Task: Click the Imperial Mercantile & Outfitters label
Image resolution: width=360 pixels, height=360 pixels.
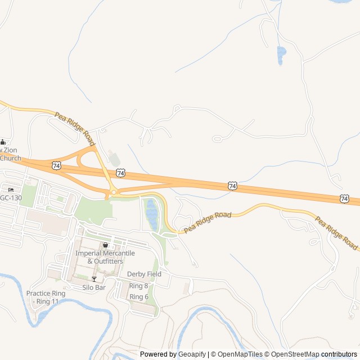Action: click(x=105, y=257)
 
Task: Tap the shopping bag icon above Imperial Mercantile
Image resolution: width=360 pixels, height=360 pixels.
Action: click(x=105, y=245)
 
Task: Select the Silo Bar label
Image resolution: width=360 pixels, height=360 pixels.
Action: click(x=94, y=287)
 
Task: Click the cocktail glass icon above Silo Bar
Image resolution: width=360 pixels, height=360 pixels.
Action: click(x=94, y=279)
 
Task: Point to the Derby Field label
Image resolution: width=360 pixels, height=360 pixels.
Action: click(x=144, y=274)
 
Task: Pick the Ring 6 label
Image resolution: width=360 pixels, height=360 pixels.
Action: click(x=138, y=296)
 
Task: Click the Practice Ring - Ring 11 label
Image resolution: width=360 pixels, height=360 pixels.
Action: click(x=46, y=298)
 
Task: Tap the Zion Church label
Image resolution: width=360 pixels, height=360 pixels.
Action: click(x=10, y=154)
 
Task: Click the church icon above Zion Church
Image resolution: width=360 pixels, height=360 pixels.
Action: click(x=3, y=142)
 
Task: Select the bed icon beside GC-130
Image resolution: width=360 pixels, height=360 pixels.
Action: click(x=11, y=188)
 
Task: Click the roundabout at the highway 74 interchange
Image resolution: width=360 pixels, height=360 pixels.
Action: click(x=114, y=192)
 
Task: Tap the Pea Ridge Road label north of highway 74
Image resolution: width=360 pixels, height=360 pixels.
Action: click(x=74, y=125)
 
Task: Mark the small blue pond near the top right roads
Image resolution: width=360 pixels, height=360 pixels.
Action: click(x=281, y=55)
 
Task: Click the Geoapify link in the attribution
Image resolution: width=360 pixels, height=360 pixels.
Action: click(x=191, y=354)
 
